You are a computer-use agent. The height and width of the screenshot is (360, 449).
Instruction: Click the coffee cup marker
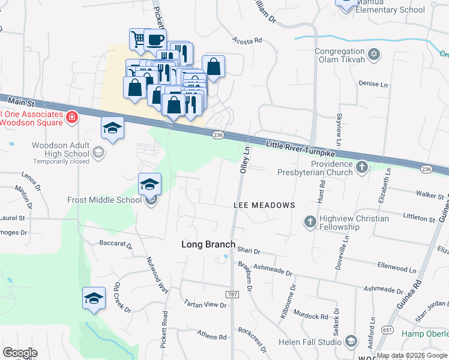(x=155, y=40)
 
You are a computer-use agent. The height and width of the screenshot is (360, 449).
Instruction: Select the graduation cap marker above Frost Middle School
(x=150, y=184)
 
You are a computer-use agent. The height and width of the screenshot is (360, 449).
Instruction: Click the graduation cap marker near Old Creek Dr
(x=94, y=299)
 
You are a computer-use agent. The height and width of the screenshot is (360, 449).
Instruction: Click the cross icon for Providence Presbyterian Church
(x=361, y=166)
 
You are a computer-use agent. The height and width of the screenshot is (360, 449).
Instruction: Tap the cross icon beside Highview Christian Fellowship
(x=310, y=222)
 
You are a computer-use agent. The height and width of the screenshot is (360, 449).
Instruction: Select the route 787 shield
(x=232, y=295)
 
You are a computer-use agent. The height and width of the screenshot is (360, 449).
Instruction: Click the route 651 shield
(x=388, y=330)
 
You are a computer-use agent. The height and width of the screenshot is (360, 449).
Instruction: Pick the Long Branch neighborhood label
(x=208, y=244)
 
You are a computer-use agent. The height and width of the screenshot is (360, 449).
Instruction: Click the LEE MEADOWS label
(x=264, y=205)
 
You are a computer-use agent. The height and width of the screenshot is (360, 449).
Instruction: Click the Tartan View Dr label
(x=205, y=305)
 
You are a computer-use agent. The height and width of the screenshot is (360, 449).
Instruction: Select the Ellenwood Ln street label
(x=397, y=265)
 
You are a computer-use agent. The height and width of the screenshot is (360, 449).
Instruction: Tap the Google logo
(x=20, y=353)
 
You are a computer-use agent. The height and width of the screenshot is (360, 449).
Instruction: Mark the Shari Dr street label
(x=248, y=251)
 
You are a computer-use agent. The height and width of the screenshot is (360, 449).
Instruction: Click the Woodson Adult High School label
(x=60, y=150)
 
